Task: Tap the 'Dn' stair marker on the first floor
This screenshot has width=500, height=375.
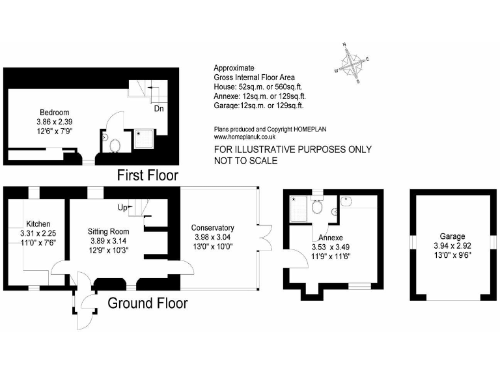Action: (158, 109)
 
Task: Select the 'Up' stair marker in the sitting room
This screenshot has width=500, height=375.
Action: (122, 208)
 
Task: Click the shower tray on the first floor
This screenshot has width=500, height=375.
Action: (144, 139)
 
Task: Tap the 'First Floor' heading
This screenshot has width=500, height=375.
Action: (147, 175)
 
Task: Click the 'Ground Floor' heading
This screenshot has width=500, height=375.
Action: (147, 303)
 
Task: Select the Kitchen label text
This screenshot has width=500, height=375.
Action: (38, 224)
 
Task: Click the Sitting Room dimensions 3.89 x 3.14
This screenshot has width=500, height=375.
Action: (109, 240)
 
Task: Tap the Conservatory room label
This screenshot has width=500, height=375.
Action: (212, 227)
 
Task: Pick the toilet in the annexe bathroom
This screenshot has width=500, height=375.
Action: (318, 206)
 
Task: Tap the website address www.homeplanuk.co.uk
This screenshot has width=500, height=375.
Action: (245, 137)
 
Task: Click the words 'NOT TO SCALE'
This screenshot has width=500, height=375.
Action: (246, 160)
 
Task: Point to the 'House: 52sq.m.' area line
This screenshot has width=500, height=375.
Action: (258, 87)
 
